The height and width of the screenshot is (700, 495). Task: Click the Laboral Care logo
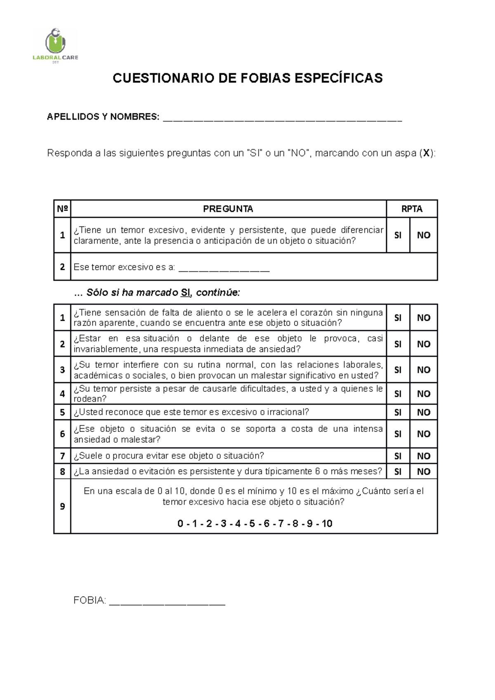(x=55, y=45)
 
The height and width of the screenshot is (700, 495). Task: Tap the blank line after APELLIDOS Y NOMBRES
(x=282, y=119)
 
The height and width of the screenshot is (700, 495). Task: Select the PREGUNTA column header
(x=228, y=209)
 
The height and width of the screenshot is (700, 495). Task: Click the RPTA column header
(x=412, y=209)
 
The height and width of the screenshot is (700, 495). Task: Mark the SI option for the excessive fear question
(x=398, y=235)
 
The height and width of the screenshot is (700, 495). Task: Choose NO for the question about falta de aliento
(x=424, y=318)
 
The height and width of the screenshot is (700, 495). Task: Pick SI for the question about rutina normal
(x=398, y=370)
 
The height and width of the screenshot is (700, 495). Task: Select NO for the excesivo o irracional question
(x=424, y=413)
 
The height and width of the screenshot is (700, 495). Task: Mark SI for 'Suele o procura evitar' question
(x=398, y=456)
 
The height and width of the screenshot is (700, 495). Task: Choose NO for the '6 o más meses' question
(x=424, y=472)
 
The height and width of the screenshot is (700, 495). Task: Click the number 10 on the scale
(x=327, y=524)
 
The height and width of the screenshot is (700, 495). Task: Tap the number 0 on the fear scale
(x=180, y=524)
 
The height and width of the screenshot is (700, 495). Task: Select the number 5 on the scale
(x=252, y=524)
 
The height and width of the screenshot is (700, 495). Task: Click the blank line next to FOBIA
(x=167, y=602)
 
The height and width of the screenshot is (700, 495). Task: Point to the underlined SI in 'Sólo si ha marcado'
(x=186, y=293)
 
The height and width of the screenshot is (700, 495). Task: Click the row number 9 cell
(x=62, y=507)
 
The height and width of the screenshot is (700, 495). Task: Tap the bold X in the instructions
(x=427, y=154)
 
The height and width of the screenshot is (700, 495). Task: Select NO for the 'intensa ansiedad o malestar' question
(x=424, y=434)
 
